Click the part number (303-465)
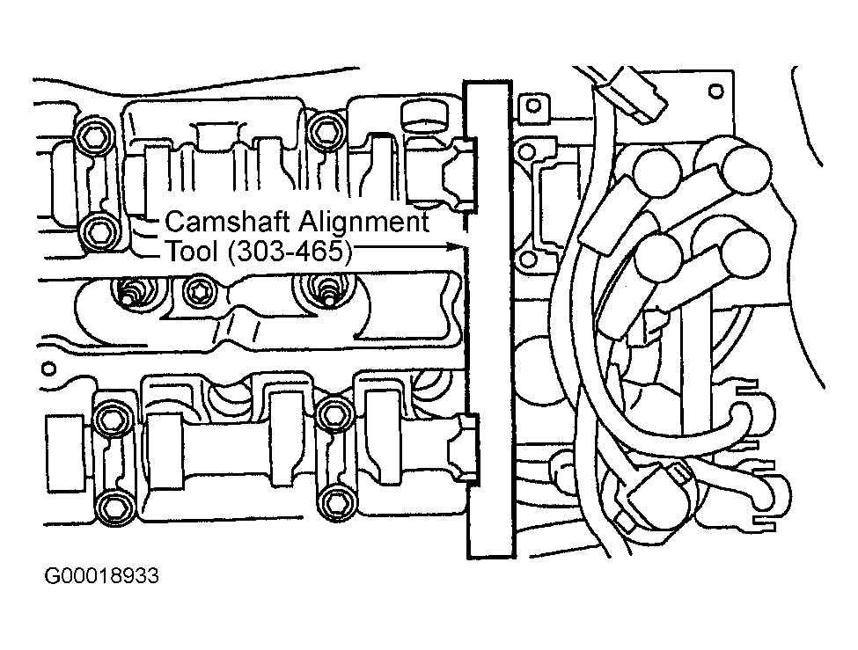click(x=287, y=252)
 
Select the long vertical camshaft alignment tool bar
click(x=488, y=317)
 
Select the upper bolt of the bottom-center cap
click(x=334, y=413)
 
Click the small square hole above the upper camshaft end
click(x=532, y=107)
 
